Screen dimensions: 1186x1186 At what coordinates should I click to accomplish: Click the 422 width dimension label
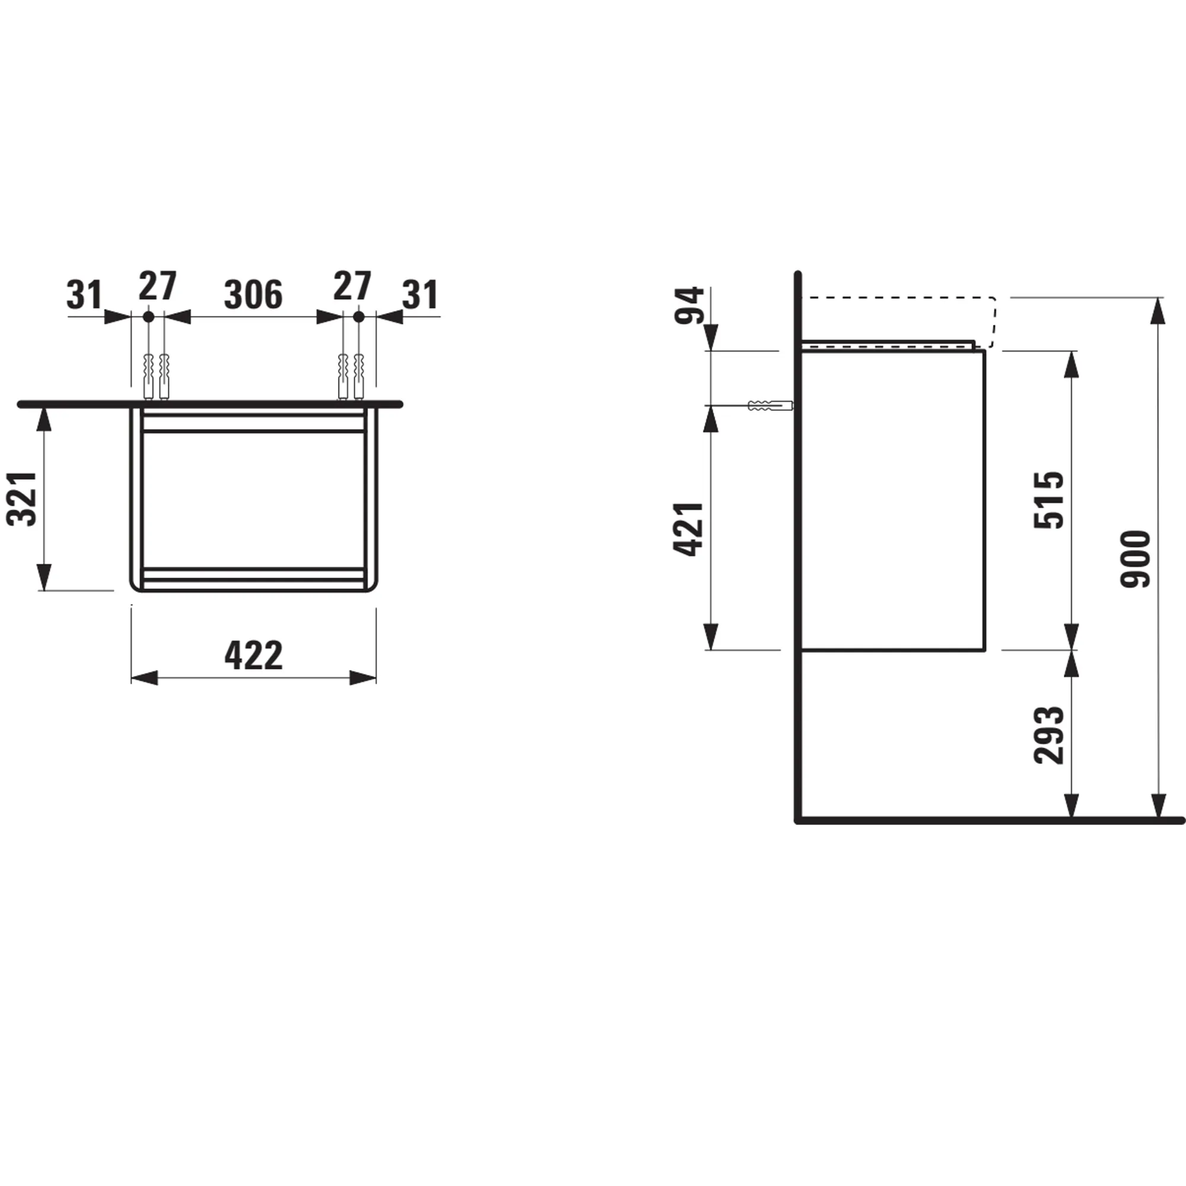tap(254, 656)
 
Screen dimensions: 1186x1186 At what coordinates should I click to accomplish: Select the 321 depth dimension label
tap(22, 499)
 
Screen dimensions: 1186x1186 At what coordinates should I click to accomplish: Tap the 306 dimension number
tap(253, 295)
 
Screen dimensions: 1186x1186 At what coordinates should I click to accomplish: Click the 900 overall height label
tap(1135, 559)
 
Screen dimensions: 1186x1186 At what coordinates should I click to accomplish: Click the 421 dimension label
tap(688, 529)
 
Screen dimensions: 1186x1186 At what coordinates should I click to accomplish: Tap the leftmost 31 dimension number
tap(84, 295)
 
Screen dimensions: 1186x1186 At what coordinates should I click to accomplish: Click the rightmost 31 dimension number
tap(420, 295)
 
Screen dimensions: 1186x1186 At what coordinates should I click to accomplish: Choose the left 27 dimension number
tap(157, 286)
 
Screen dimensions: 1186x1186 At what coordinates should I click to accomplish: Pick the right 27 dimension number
tap(352, 286)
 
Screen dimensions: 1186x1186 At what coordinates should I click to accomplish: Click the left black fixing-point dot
tap(148, 317)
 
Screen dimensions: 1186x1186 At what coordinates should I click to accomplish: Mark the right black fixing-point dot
tap(359, 317)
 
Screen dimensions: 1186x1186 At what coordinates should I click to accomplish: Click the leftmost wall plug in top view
tap(147, 376)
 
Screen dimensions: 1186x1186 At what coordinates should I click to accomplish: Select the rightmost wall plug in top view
tap(359, 376)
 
